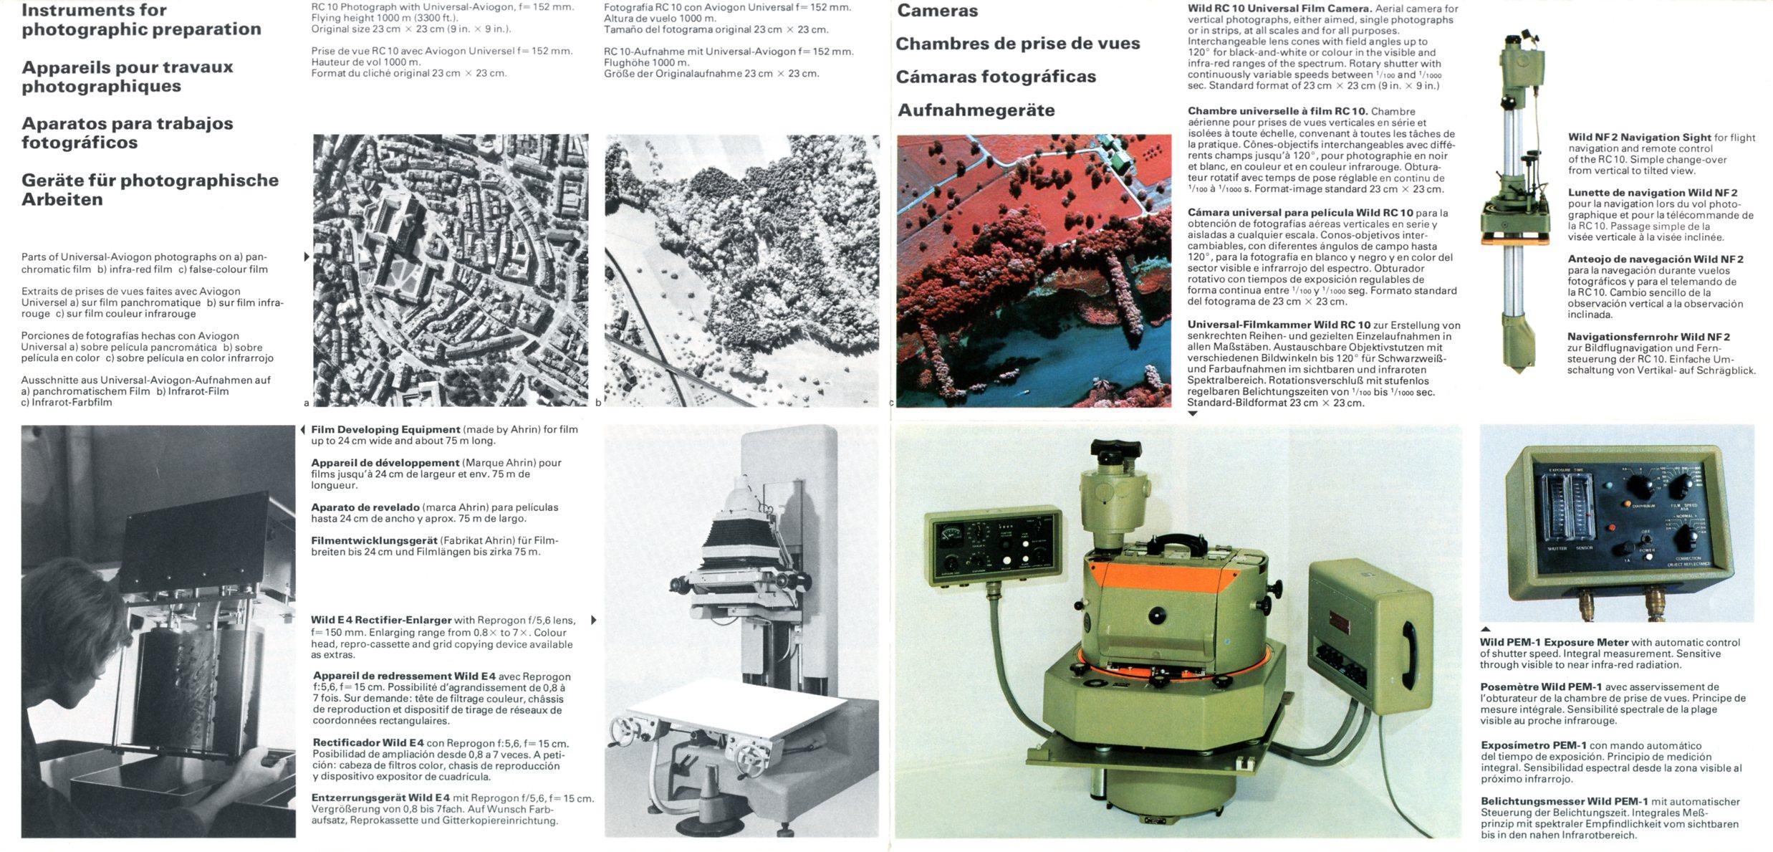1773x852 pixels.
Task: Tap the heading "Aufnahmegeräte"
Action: [976, 110]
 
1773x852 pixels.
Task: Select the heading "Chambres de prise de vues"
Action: [1017, 44]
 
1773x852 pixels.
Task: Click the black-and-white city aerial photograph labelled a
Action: [451, 270]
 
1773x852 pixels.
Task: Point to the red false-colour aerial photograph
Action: [1034, 270]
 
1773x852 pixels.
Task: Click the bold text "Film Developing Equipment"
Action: [385, 430]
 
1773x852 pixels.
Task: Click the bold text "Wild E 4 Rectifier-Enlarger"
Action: [381, 620]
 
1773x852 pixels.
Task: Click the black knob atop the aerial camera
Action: [1116, 451]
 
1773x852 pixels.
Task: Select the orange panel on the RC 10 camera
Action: [1161, 573]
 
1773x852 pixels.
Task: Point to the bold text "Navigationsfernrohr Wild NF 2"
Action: [1648, 337]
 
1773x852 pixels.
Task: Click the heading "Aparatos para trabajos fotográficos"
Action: [128, 133]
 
